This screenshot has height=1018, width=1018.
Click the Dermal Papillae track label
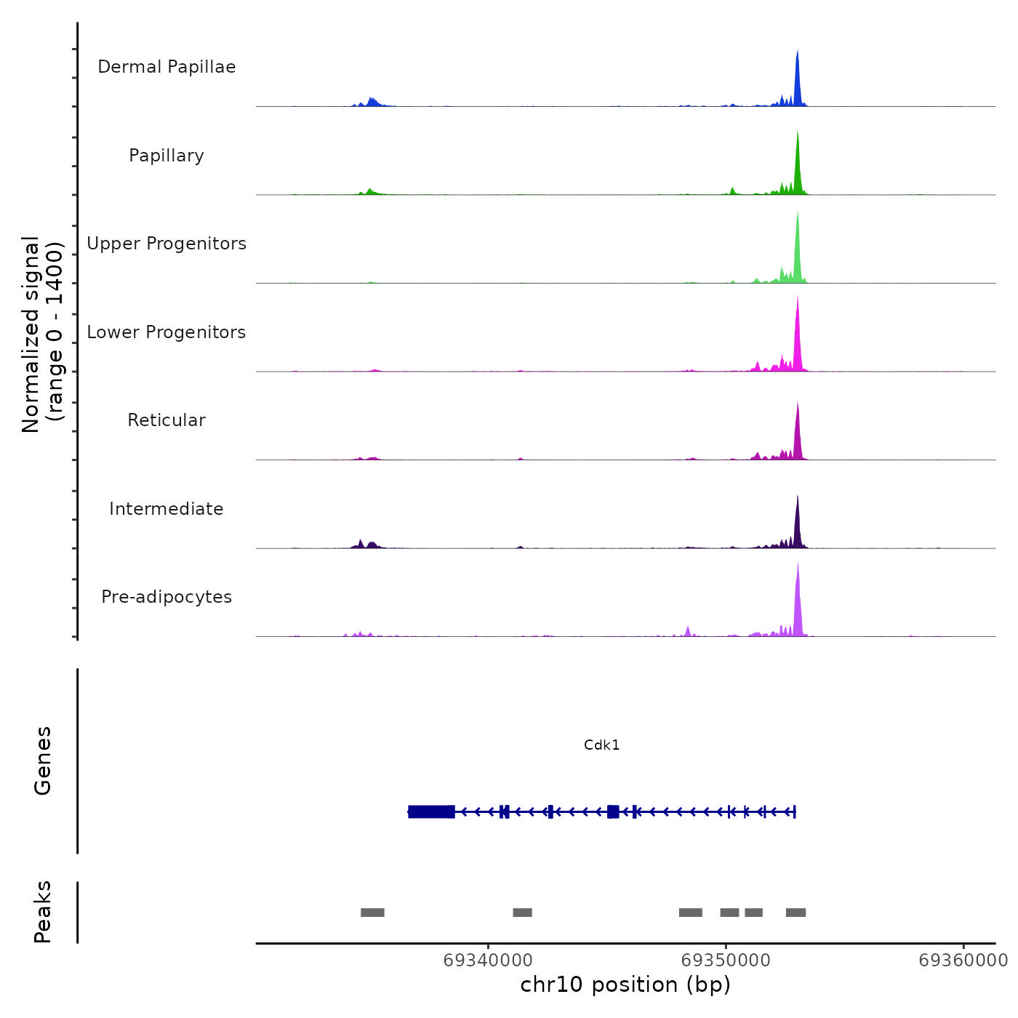(167, 67)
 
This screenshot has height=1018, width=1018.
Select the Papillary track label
(167, 156)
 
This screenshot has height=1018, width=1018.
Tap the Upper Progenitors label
(167, 244)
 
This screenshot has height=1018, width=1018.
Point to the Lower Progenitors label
(167, 332)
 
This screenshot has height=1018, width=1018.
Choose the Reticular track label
(167, 420)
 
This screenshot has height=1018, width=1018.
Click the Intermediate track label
(167, 509)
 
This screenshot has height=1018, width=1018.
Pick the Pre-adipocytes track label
(167, 597)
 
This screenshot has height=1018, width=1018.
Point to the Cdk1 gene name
(602, 745)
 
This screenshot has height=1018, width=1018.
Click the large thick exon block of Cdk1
(432, 811)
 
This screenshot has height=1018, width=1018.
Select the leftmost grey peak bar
(372, 913)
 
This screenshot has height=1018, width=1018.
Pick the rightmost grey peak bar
(795, 913)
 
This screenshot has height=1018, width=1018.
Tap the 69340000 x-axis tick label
(488, 961)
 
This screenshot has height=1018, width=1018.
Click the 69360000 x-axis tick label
(963, 961)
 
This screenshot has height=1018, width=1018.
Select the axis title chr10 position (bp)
(625, 985)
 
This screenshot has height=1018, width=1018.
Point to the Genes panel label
(43, 761)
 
